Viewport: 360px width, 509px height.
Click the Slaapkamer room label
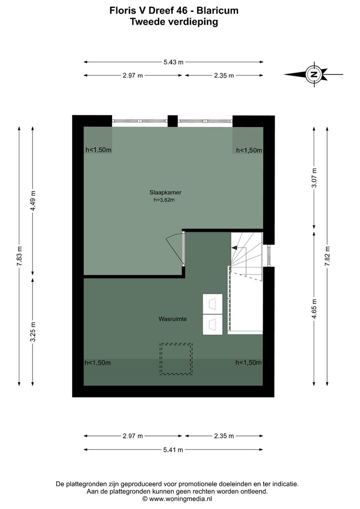165,193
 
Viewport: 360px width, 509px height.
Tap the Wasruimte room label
173,319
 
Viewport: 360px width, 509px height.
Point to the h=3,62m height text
164,200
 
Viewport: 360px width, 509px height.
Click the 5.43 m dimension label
174,62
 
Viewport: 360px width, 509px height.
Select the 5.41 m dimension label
173,450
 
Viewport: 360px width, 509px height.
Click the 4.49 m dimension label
33,201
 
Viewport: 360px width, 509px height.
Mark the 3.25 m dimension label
33,332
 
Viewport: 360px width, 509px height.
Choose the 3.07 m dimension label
314,177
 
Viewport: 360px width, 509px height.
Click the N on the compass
314,74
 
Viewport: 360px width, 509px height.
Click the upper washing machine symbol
213,304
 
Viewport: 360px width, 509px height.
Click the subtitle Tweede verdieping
174,22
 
